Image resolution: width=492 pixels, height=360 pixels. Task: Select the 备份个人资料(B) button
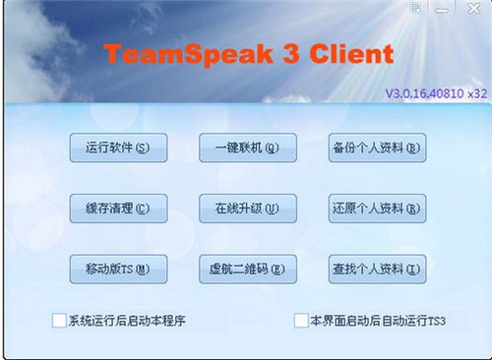coord(375,149)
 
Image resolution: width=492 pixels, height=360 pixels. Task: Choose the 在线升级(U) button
coord(247,209)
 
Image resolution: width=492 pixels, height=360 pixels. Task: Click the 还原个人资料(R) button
coord(375,209)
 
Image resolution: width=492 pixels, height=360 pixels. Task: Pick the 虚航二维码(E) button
coord(247,269)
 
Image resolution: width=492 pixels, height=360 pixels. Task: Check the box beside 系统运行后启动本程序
coord(60,320)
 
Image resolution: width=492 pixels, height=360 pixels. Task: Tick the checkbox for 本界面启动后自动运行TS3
coord(301,320)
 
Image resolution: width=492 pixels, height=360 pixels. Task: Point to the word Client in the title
coord(352,54)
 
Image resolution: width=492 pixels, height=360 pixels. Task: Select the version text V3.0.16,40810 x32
coord(435,94)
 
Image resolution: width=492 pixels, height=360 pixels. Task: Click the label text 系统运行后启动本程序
coord(127,321)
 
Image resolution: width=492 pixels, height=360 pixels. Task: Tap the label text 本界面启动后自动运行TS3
coord(378,321)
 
